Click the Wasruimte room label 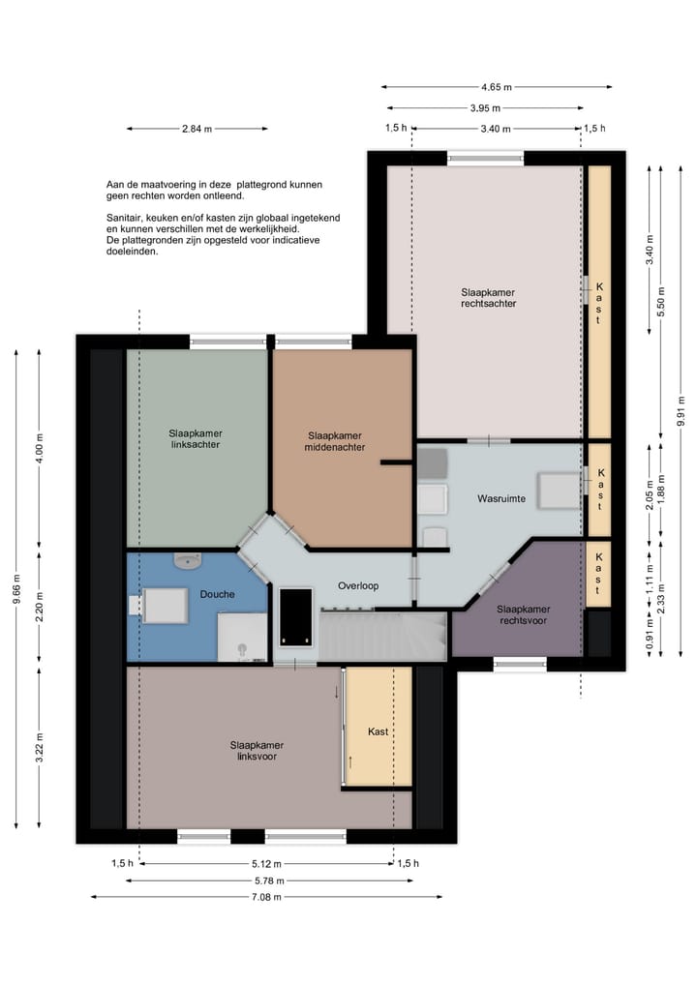click(501, 499)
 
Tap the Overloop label click(358, 586)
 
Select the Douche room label click(217, 594)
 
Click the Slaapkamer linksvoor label click(257, 751)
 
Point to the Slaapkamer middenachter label click(335, 441)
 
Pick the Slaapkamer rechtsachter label click(489, 297)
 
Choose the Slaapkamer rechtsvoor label click(523, 615)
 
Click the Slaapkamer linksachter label click(196, 438)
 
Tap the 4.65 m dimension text click(497, 87)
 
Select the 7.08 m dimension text click(266, 897)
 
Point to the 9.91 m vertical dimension click(682, 411)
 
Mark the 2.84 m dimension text click(197, 129)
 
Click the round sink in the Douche click(187, 560)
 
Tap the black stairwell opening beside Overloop click(296, 617)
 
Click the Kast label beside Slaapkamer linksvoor click(378, 731)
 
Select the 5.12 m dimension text click(266, 863)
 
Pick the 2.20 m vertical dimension click(40, 607)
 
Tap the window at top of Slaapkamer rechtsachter click(485, 158)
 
